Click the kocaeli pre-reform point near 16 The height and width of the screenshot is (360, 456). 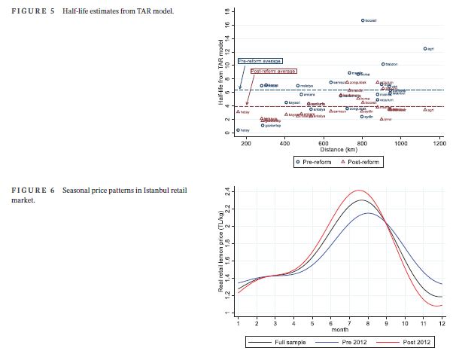click(x=363, y=20)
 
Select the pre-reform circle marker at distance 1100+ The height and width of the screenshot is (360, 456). click(x=425, y=48)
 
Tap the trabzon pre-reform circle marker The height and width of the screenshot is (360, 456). click(x=383, y=65)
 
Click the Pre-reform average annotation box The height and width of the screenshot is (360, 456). click(x=260, y=60)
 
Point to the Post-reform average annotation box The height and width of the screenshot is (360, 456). click(x=273, y=71)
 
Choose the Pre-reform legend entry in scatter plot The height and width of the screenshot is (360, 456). click(x=315, y=161)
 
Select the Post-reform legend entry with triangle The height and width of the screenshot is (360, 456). click(x=362, y=161)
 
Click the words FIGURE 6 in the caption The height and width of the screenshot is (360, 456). click(x=35, y=189)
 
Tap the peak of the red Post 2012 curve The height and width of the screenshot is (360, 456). click(x=360, y=191)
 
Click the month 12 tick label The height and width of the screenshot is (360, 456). click(x=442, y=323)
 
